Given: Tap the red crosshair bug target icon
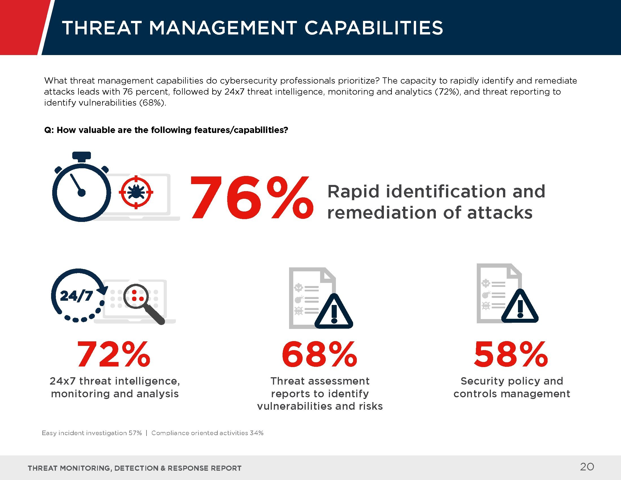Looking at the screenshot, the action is tap(136, 192).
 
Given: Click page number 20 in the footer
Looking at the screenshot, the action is tap(587, 467).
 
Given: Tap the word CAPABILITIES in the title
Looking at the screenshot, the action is tap(374, 28).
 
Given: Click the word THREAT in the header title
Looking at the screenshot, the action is tap(102, 28).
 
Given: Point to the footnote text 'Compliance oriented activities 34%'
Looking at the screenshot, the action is tap(207, 433).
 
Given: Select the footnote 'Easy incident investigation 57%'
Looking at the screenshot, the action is tap(91, 433).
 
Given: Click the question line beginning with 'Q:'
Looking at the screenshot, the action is tap(166, 130).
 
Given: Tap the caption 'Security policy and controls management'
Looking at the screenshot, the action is tap(512, 387).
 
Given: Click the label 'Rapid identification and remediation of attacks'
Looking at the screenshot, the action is tap(436, 202).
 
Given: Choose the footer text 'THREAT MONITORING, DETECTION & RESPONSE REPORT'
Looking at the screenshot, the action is tap(134, 468).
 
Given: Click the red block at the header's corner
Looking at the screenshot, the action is tap(21, 27).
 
